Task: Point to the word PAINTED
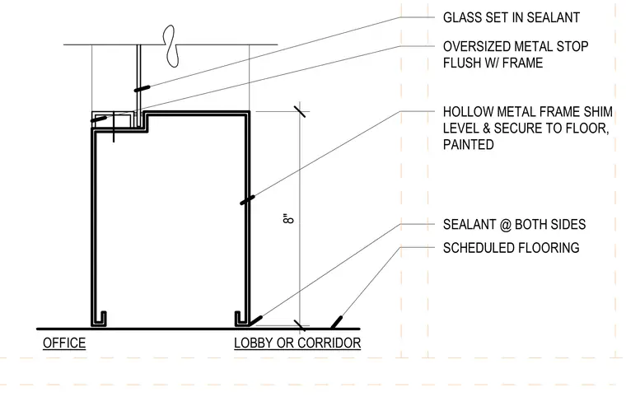(x=469, y=144)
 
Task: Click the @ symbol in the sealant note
(x=505, y=225)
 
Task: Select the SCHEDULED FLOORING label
(x=511, y=248)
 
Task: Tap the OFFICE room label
(x=64, y=343)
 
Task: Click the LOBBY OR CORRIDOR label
(x=297, y=343)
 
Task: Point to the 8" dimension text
(x=288, y=219)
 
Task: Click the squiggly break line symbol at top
(x=171, y=45)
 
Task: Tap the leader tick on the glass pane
(x=142, y=88)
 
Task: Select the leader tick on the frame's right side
(x=247, y=200)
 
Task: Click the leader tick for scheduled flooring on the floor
(x=337, y=322)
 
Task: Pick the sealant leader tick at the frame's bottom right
(x=255, y=320)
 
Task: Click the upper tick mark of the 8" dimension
(x=300, y=111)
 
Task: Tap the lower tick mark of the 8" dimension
(x=300, y=325)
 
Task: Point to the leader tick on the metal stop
(x=99, y=119)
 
